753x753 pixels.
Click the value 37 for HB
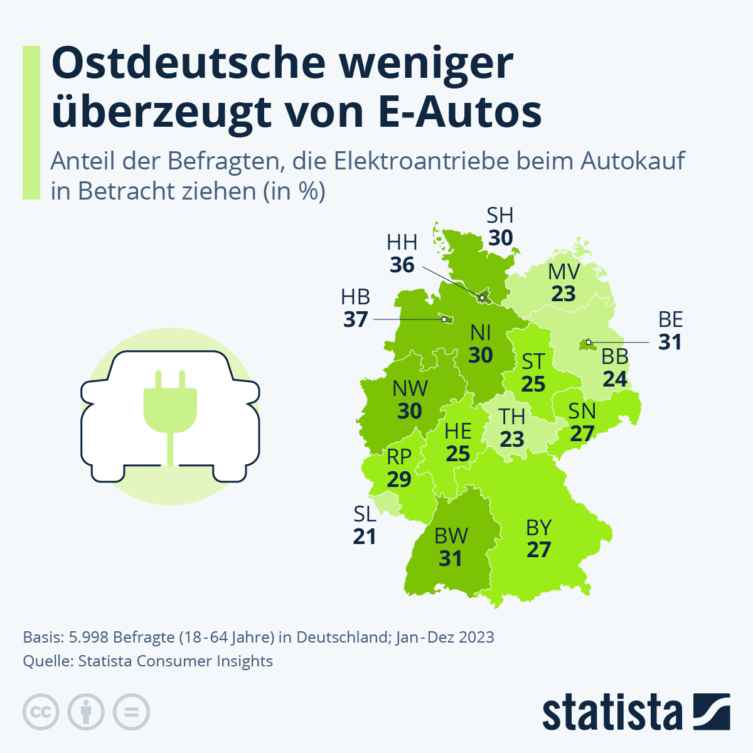355,319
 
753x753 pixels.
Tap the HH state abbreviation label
402,242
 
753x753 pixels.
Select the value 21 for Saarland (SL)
365,537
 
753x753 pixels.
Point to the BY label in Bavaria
538,527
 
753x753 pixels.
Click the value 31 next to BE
670,342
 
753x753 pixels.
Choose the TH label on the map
512,416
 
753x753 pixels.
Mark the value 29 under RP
399,479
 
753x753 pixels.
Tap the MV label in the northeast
563,272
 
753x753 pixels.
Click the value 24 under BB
615,379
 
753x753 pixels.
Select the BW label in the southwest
451,536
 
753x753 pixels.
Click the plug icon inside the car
170,408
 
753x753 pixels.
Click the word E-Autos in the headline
461,112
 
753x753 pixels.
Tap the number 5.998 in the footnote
88,638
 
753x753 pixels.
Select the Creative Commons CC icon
41,712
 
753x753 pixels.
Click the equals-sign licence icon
131,712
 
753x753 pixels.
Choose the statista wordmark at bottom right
612,712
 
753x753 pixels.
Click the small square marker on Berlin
589,342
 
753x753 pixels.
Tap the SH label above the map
500,216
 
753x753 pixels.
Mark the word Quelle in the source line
43,661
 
